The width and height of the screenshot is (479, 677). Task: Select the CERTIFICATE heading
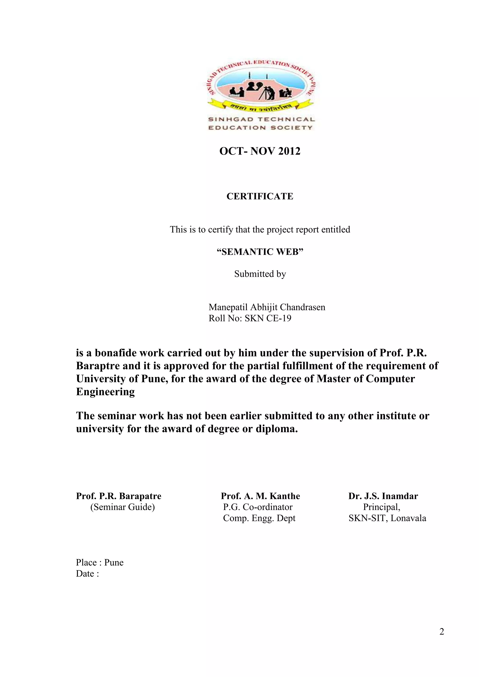pyautogui.click(x=260, y=196)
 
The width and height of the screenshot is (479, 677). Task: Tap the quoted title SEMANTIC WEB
pyautogui.click(x=260, y=252)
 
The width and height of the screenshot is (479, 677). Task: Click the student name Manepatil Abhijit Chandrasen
pyautogui.click(x=267, y=307)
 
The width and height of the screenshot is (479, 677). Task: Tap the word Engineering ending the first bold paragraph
pyautogui.click(x=105, y=392)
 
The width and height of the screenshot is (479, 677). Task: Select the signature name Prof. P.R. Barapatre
pyautogui.click(x=119, y=496)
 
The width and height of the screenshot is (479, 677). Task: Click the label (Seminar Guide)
pyautogui.click(x=122, y=507)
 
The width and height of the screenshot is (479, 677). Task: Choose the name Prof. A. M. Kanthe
pyautogui.click(x=260, y=496)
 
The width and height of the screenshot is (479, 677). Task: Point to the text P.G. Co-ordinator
pyautogui.click(x=258, y=507)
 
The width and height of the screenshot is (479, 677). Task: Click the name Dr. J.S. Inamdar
pyautogui.click(x=383, y=496)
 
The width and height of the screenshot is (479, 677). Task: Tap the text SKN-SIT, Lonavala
pyautogui.click(x=387, y=518)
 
